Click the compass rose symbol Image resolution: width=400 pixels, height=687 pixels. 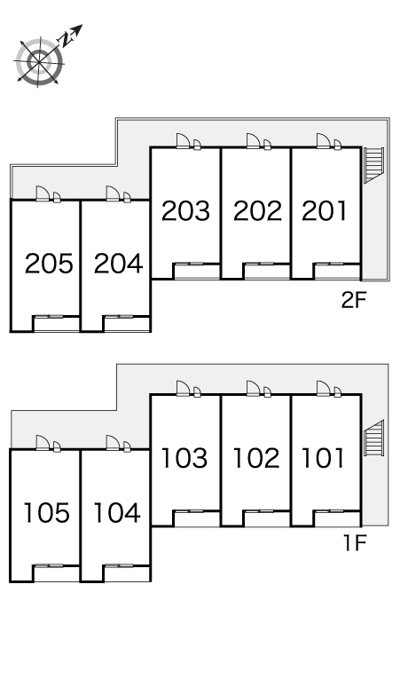pyautogui.click(x=39, y=62)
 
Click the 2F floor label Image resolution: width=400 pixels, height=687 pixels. pyautogui.click(x=353, y=300)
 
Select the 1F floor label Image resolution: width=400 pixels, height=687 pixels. pyautogui.click(x=354, y=543)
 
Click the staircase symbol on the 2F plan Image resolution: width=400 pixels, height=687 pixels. pyautogui.click(x=373, y=165)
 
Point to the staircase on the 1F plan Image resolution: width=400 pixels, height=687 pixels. pyautogui.click(x=373, y=438)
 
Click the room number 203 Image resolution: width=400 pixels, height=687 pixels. pyautogui.click(x=185, y=210)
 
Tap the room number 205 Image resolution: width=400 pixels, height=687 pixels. pyautogui.click(x=49, y=264)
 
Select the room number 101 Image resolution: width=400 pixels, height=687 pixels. pyautogui.click(x=324, y=458)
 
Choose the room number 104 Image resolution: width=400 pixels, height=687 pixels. pyautogui.click(x=117, y=513)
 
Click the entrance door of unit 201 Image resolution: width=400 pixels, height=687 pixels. pyautogui.click(x=324, y=141)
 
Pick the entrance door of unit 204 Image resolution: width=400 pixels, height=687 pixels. pyautogui.click(x=113, y=193)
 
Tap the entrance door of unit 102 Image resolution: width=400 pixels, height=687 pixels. pyautogui.click(x=254, y=388)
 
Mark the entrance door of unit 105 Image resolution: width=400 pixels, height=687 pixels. pyautogui.click(x=43, y=443)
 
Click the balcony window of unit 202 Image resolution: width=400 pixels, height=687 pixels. pyautogui.click(x=261, y=264)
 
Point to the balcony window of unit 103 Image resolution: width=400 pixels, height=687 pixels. pyautogui.click(x=190, y=511)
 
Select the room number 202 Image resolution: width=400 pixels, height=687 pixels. pyautogui.click(x=257, y=210)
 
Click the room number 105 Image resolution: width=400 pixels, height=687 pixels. pyautogui.click(x=46, y=513)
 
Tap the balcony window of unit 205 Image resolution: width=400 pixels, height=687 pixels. pyautogui.click(x=50, y=316)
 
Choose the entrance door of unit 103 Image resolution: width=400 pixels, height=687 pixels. pyautogui.click(x=184, y=388)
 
